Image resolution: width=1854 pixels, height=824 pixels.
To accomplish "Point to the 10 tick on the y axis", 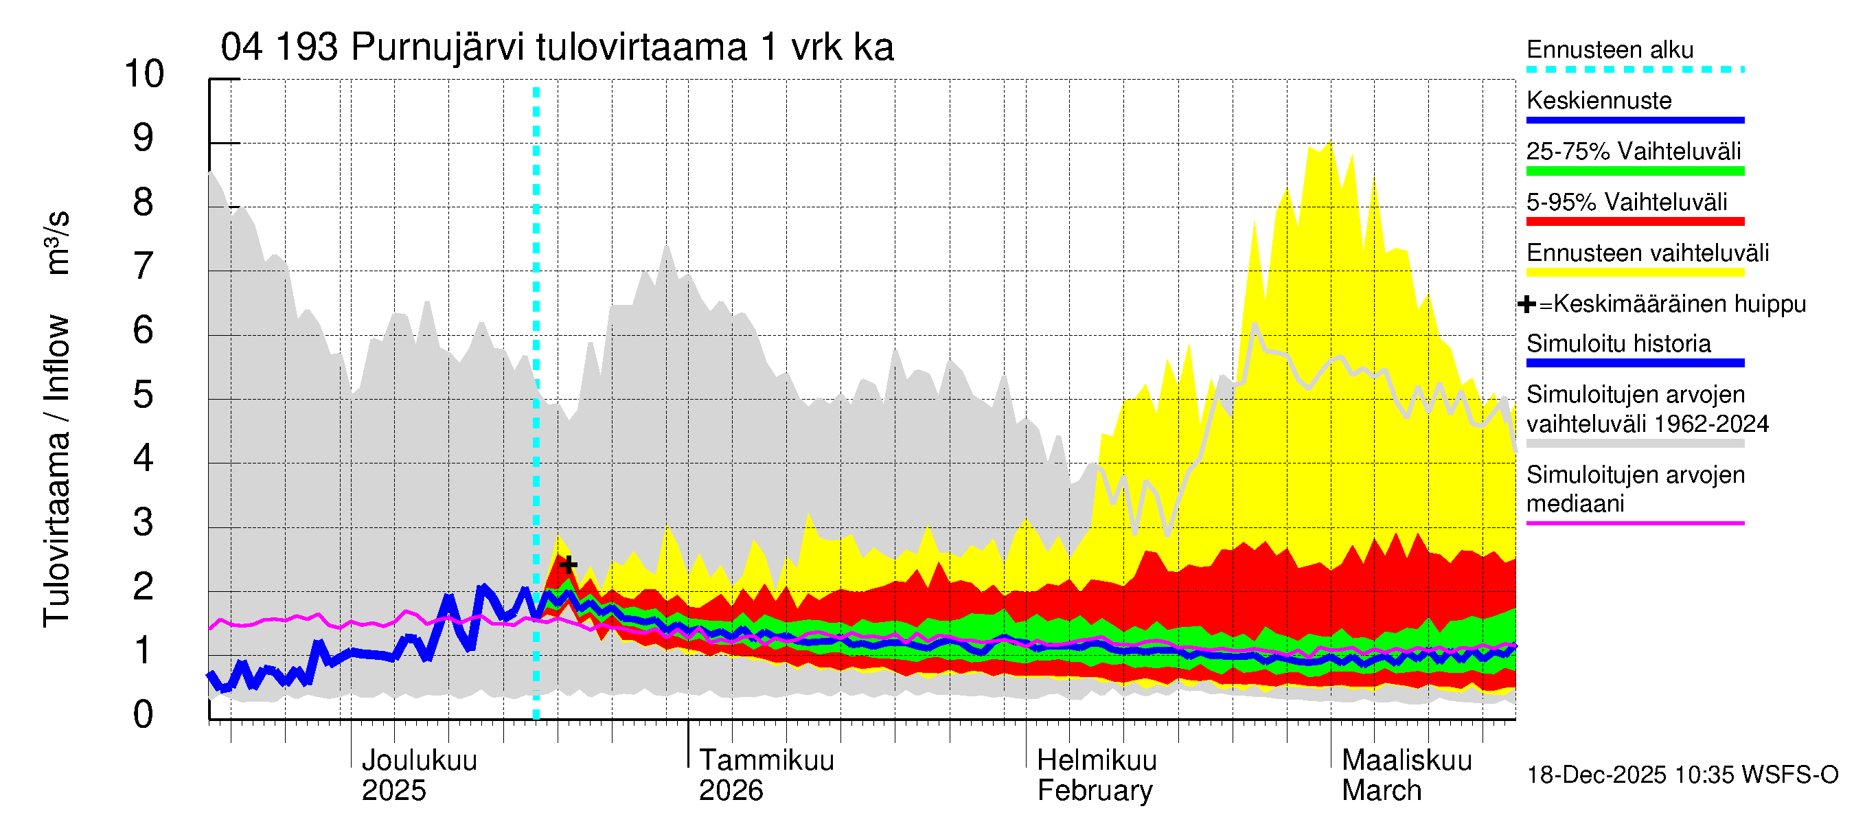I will [x=144, y=74].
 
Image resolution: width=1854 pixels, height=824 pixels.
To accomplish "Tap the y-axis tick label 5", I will [x=144, y=394].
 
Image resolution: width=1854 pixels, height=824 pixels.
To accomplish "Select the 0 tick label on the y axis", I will [x=144, y=715].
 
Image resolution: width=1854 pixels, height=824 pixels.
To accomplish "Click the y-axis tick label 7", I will [x=144, y=266].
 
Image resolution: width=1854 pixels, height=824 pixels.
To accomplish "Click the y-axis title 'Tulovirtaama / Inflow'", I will [x=56, y=470].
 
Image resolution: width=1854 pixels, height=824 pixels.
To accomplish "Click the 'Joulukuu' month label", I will [x=419, y=760].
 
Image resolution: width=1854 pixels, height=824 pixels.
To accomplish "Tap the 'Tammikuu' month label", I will [x=766, y=760].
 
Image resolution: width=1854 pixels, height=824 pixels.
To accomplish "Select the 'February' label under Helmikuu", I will [x=1095, y=791].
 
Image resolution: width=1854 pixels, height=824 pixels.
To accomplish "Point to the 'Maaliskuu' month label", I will [x=1407, y=760].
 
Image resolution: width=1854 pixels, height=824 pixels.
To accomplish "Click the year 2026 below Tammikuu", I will [x=731, y=791].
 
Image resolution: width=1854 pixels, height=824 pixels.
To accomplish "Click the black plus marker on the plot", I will [x=569, y=564].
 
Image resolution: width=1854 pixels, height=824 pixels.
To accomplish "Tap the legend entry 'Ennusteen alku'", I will [x=1610, y=49].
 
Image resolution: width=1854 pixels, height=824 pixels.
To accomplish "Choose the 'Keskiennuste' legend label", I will [x=1599, y=101].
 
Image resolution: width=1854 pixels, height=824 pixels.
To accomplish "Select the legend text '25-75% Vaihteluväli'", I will [x=1634, y=151].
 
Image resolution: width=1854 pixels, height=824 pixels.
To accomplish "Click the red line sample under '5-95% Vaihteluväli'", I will [x=1635, y=222].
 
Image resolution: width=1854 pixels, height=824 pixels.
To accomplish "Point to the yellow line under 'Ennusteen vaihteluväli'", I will [x=1635, y=273].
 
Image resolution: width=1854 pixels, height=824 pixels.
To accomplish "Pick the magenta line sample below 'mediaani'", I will [x=1635, y=523].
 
